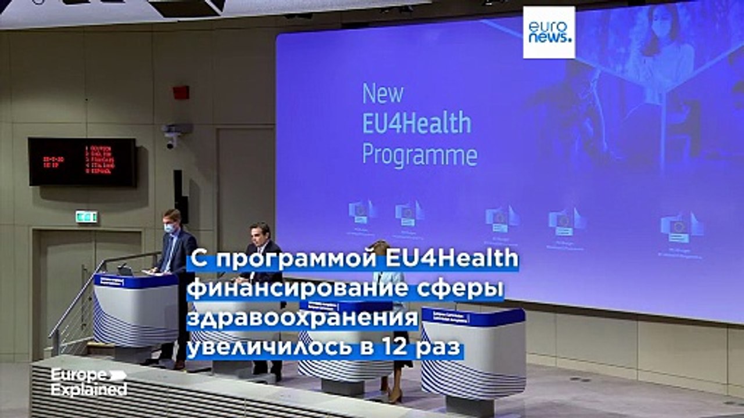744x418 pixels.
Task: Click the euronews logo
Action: pos(549,32)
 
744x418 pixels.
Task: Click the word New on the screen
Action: pos(382,93)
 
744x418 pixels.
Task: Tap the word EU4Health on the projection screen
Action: pos(416,124)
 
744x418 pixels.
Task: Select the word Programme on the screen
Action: pos(420,155)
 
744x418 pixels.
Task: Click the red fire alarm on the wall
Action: pos(181,92)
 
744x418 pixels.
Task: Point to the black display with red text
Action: pos(82,161)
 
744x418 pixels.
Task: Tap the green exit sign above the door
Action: pos(86,217)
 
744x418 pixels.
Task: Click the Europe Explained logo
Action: pos(88,382)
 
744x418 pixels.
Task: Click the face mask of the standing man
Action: pos(169,228)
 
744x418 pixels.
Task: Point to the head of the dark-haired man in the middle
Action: pos(259,234)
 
